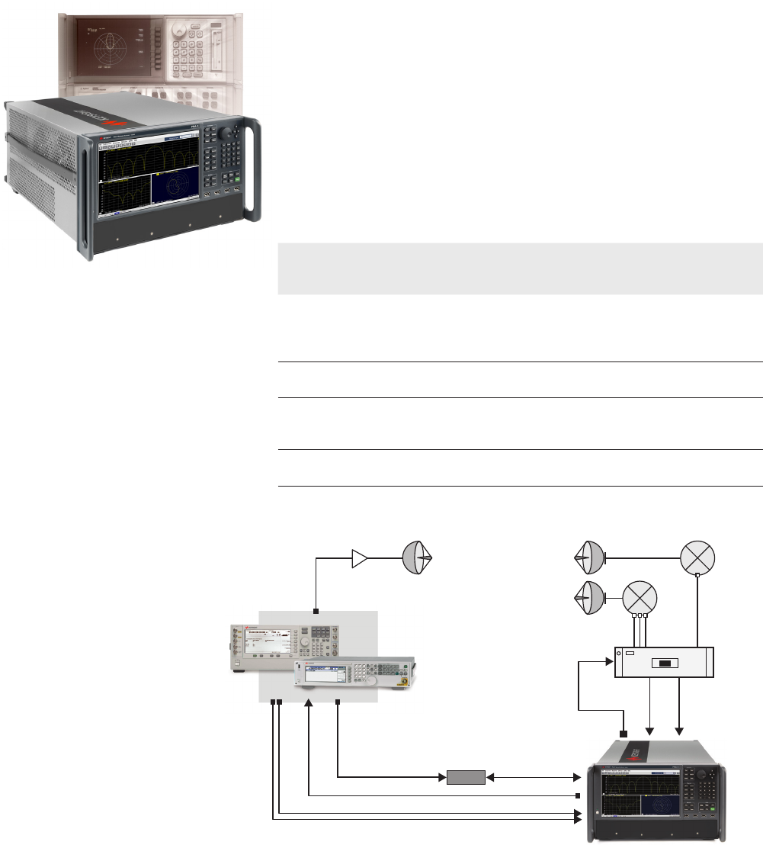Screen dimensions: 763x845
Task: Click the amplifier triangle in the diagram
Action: [358, 560]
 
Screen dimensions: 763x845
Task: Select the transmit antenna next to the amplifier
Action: [418, 559]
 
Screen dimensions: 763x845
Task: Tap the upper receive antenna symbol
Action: [588, 559]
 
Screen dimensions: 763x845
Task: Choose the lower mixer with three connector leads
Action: [640, 596]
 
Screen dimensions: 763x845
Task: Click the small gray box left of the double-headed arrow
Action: [466, 778]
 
